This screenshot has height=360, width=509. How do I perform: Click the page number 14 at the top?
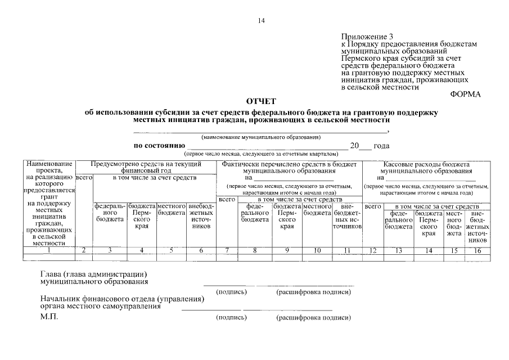[261, 21]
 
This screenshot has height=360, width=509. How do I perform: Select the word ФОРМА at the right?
[466, 94]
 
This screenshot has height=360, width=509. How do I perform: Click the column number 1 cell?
[49, 250]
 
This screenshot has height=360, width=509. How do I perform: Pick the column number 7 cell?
[227, 250]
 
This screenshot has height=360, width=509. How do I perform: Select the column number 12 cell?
[372, 250]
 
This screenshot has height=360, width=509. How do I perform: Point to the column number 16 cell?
[478, 250]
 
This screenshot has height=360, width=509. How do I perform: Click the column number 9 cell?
[287, 250]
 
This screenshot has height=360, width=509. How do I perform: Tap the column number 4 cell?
[141, 250]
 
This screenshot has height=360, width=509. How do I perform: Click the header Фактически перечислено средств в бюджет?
[289, 164]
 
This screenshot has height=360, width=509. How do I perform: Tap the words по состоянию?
[156, 146]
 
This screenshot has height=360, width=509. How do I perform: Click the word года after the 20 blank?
[381, 146]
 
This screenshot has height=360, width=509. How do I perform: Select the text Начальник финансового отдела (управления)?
[122, 299]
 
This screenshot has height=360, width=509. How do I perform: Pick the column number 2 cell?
[84, 250]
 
